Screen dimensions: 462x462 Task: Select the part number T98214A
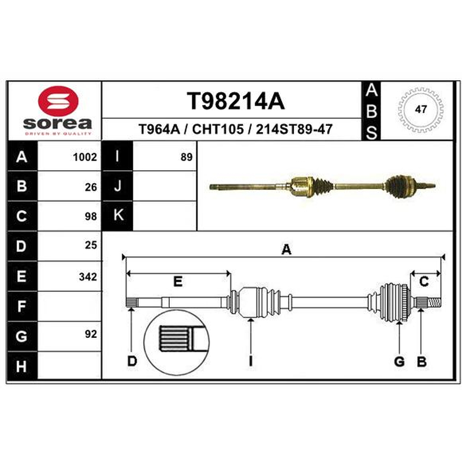tap(236, 101)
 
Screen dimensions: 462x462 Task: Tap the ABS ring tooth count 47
tap(420, 110)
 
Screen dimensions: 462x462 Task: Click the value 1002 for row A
tap(85, 157)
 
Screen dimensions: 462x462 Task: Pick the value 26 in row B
tap(91, 187)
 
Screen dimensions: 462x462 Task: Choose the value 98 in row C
tap(91, 217)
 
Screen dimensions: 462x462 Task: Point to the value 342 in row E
tap(88, 277)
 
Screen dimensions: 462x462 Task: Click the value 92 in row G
tap(91, 334)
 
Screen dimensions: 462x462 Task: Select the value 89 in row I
tap(187, 157)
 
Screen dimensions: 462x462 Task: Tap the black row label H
tap(22, 366)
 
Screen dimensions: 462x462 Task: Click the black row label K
tap(118, 215)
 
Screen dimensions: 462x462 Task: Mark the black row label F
tap(22, 306)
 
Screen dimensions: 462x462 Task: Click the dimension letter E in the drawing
tap(178, 282)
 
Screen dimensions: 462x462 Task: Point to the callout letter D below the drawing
tap(132, 362)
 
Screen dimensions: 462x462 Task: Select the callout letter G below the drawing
tap(399, 362)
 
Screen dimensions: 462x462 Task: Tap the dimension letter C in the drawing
tap(424, 282)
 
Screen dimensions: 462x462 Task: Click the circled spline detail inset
tap(176, 342)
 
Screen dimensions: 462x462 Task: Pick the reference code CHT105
tap(218, 129)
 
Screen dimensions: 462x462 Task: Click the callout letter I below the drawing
tap(251, 362)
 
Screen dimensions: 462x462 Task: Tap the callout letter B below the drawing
tap(422, 362)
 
